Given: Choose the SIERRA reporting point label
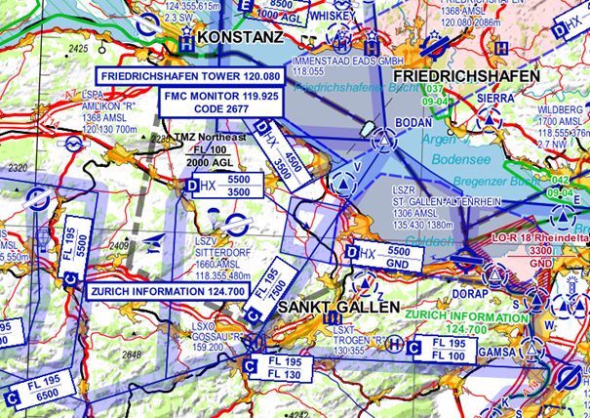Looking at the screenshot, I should point(495,99).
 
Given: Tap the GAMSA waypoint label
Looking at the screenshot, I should point(498,352).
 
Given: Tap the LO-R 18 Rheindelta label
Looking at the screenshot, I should point(535,236).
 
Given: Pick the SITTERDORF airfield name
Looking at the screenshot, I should point(217,250).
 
